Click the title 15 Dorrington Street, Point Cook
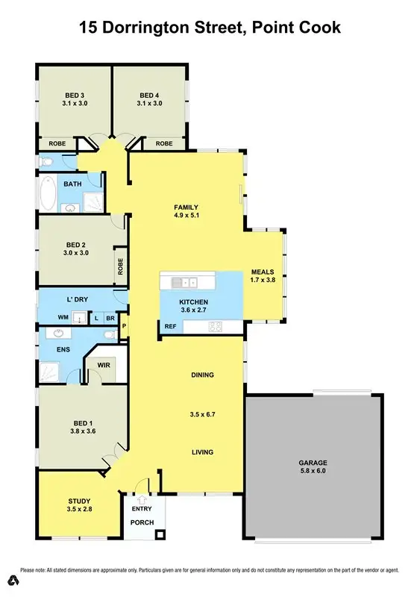210,28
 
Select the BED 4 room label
149,99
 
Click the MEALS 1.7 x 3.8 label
263,275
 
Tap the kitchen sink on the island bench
184,282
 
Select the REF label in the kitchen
170,326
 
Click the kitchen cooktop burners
215,326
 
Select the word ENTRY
141,509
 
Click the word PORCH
142,522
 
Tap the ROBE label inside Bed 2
119,266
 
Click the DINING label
202,375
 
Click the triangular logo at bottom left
13,580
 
